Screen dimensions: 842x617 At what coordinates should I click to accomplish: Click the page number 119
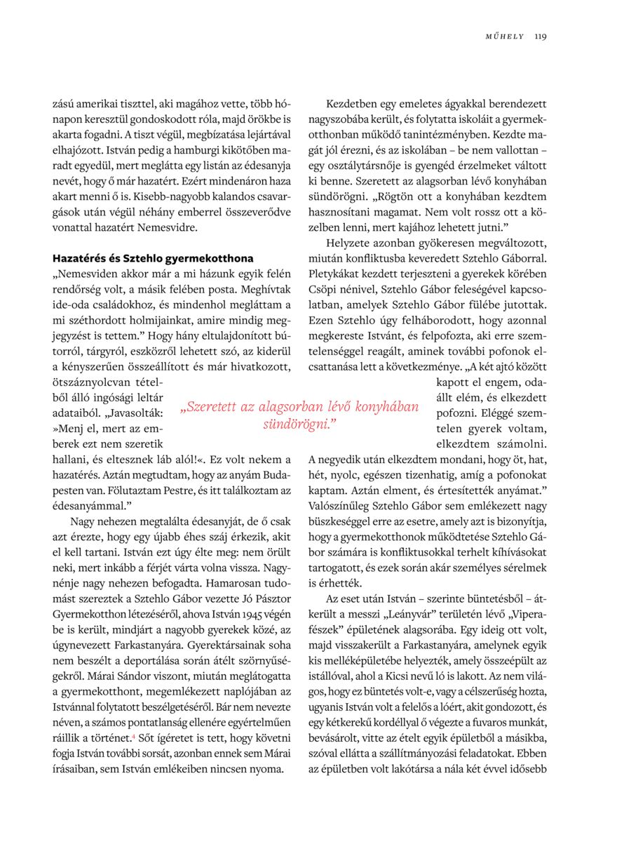tap(540, 36)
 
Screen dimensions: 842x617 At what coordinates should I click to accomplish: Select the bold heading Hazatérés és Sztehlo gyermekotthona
tap(153, 258)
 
